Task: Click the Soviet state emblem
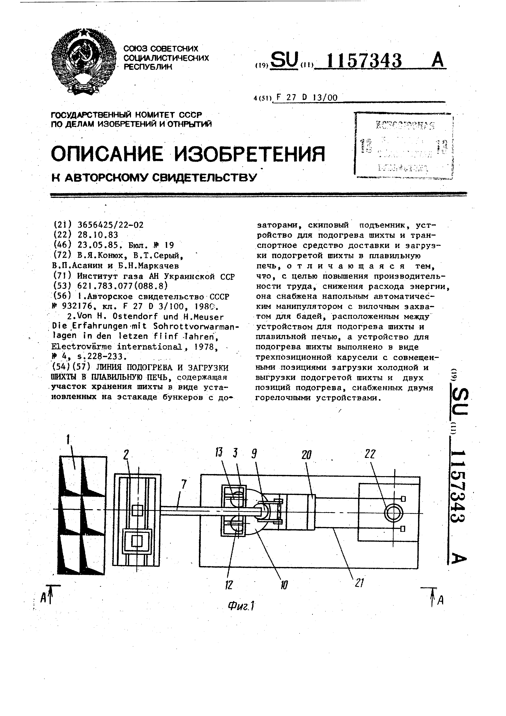(x=83, y=61)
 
